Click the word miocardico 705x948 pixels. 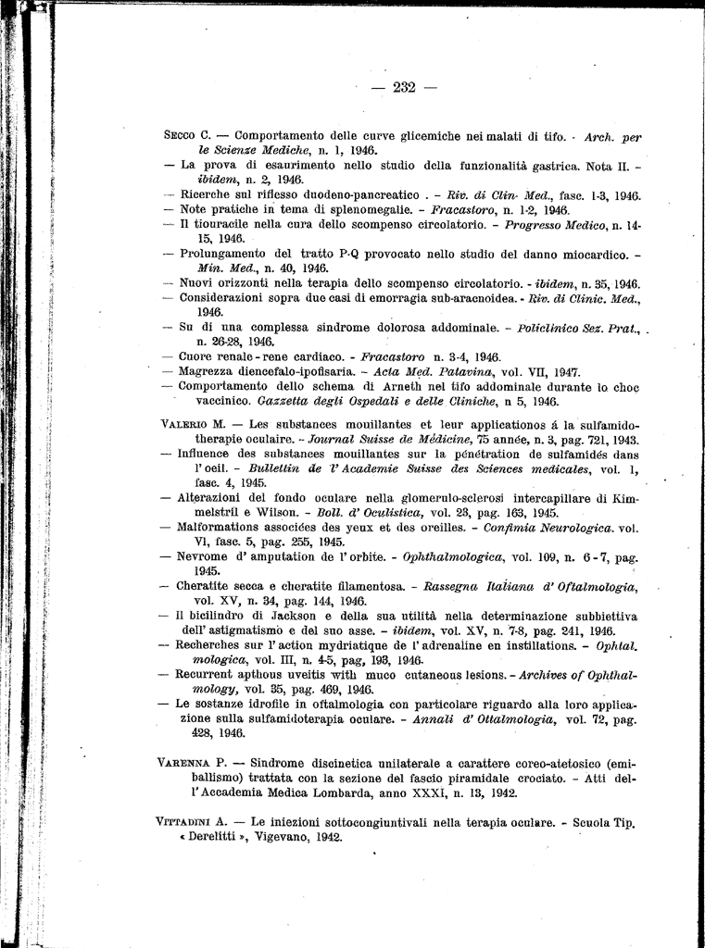(x=585, y=253)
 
